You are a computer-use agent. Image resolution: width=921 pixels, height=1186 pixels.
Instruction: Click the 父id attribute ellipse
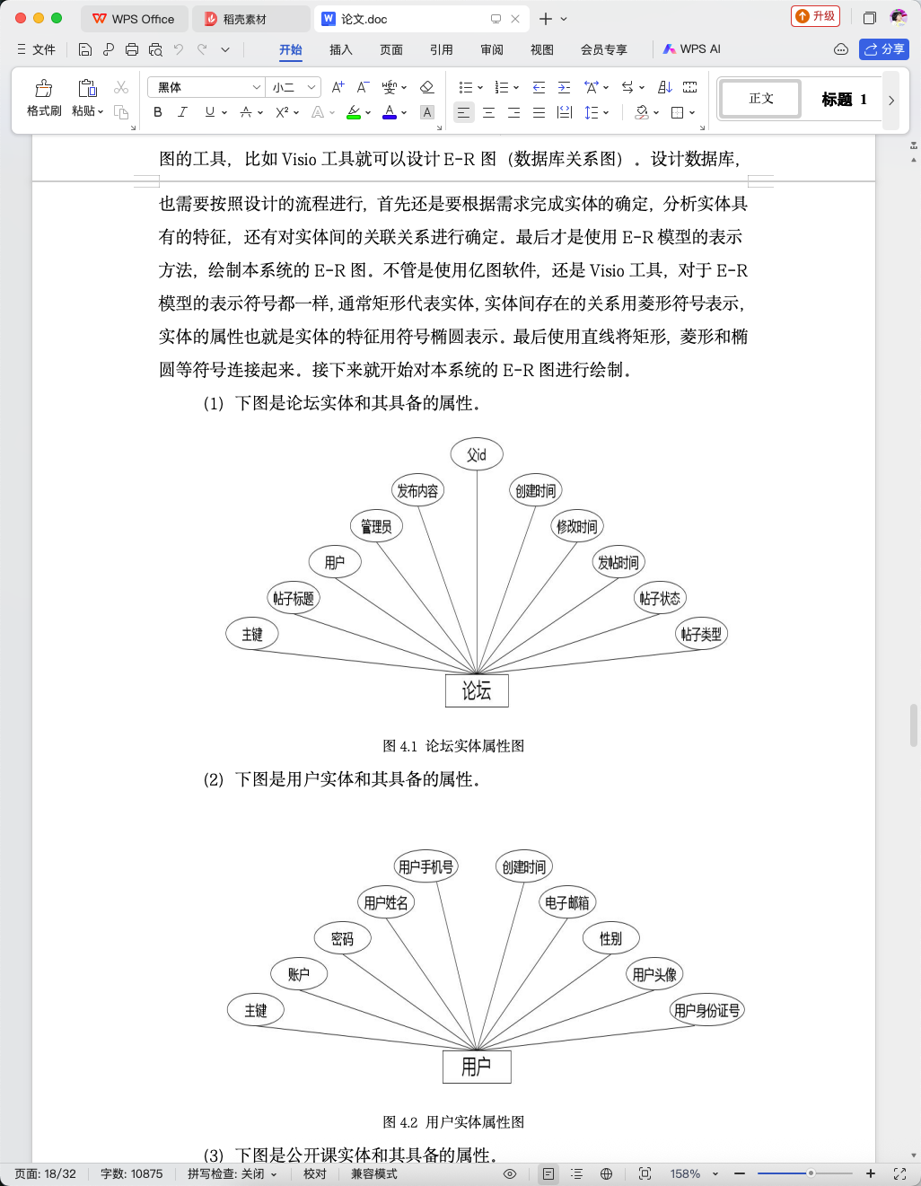coord(477,454)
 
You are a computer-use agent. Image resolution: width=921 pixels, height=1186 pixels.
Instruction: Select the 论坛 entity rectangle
coord(477,690)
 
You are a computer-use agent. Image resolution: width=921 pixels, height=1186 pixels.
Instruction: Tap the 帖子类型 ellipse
coord(701,634)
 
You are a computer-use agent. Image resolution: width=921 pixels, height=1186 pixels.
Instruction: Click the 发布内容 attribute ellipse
coord(417,490)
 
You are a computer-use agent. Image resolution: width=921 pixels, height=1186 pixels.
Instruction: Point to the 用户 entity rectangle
coord(477,1067)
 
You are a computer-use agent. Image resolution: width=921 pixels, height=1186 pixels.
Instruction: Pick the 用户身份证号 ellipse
coord(706,1010)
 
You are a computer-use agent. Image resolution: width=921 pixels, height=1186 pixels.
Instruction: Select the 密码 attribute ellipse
coord(343,938)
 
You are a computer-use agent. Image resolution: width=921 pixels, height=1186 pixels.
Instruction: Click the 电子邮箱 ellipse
coord(567,902)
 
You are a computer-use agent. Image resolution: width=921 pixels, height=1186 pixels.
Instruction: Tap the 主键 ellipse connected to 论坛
coord(252,634)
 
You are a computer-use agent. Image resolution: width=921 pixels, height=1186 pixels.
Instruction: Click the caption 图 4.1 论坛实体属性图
coord(453,745)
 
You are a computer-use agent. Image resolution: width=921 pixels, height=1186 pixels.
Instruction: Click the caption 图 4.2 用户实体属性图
coord(453,1121)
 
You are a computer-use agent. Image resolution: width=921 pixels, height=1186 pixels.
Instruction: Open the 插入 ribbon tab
coord(340,49)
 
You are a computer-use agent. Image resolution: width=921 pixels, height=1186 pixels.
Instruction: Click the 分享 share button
coord(884,49)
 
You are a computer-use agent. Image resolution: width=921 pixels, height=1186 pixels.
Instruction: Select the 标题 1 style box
coord(844,100)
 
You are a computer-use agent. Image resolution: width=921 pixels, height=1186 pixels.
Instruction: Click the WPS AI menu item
coord(692,49)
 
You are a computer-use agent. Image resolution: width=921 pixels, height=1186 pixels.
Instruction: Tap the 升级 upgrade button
coord(815,16)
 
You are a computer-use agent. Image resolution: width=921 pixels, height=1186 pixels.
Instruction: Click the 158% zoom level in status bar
coord(685,1173)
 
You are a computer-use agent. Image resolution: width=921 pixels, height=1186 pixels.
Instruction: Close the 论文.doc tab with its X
coord(514,19)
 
